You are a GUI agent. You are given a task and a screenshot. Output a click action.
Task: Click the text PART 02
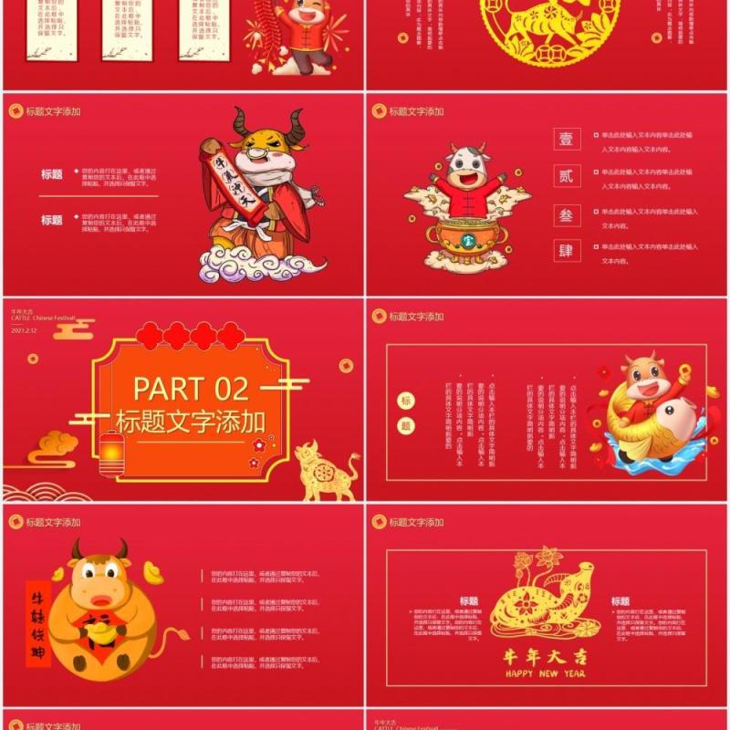click(x=191, y=388)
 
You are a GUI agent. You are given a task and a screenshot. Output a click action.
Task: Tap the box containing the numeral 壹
click(x=567, y=140)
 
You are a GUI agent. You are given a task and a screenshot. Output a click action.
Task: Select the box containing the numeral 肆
click(x=567, y=250)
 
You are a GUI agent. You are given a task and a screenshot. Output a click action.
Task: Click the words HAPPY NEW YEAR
click(x=544, y=673)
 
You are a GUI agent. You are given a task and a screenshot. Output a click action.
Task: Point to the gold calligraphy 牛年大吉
click(x=544, y=655)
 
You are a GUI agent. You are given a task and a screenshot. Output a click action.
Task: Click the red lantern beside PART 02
click(x=111, y=453)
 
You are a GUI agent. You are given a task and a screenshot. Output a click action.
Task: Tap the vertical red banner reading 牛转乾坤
click(x=38, y=622)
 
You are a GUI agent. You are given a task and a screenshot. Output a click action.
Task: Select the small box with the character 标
click(x=407, y=401)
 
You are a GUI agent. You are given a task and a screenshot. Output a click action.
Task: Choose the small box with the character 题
click(x=407, y=425)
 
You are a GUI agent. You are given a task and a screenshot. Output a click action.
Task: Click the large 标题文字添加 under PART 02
click(x=191, y=421)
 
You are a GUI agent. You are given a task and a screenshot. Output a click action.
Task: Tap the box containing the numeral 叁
click(x=567, y=214)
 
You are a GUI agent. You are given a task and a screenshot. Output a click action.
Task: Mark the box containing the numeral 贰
click(x=567, y=177)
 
